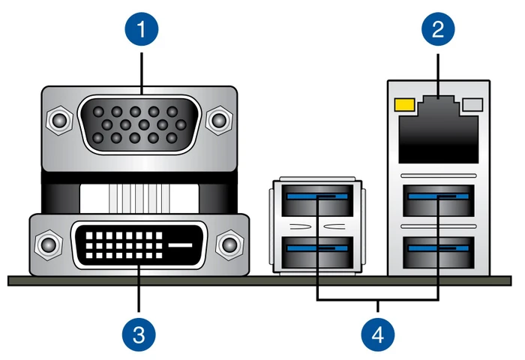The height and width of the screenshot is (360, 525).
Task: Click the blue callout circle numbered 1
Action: click(x=141, y=28)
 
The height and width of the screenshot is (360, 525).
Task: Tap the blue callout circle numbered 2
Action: click(x=438, y=28)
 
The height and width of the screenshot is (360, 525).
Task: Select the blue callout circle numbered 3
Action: click(x=139, y=334)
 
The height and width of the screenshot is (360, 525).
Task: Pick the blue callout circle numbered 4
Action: click(x=378, y=334)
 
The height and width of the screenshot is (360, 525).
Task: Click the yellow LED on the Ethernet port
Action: click(x=405, y=104)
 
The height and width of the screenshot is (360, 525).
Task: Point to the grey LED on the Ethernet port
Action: click(x=472, y=104)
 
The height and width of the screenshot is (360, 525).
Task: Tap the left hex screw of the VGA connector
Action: click(x=59, y=120)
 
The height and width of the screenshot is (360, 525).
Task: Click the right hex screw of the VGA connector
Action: click(x=219, y=120)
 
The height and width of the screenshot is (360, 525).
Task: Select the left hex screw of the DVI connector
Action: click(x=49, y=244)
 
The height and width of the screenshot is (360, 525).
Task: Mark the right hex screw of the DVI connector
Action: click(x=229, y=244)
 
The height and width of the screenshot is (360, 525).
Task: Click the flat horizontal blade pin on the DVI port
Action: click(x=180, y=245)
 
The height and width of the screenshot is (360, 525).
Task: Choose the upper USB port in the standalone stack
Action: click(x=317, y=200)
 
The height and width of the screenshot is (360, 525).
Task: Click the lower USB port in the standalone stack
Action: click(x=317, y=253)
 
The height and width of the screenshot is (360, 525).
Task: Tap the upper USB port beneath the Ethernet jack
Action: click(x=438, y=200)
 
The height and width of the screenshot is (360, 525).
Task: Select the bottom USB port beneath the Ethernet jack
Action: click(x=438, y=253)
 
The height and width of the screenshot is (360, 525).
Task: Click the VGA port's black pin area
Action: click(x=139, y=124)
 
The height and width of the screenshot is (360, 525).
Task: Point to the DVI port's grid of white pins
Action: click(x=124, y=245)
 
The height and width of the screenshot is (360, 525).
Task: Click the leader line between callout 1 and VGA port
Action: click(x=142, y=73)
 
